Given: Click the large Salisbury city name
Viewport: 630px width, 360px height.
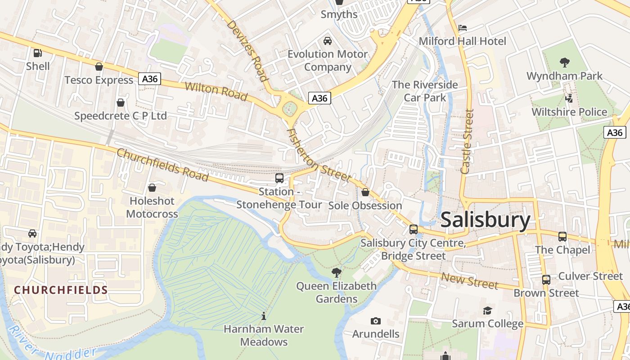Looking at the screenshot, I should pyautogui.click(x=486, y=220).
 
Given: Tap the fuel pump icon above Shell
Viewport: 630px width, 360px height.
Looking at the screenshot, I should pyautogui.click(x=38, y=53).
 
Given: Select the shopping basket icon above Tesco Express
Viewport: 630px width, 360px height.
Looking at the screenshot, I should pyautogui.click(x=99, y=67).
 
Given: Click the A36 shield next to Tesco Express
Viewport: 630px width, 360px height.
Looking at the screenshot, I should pyautogui.click(x=149, y=79).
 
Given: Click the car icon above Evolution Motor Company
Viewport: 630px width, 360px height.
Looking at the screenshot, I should pyautogui.click(x=328, y=41).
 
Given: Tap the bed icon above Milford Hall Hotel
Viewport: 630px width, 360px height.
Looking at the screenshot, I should pyautogui.click(x=462, y=28).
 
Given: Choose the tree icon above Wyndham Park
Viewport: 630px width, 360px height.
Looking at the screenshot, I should pyautogui.click(x=564, y=62).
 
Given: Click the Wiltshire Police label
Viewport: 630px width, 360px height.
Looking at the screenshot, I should pyautogui.click(x=569, y=112).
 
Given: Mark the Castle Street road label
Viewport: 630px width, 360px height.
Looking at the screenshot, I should pyautogui.click(x=468, y=141).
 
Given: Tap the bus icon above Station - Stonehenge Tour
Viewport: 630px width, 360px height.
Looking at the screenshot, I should pyautogui.click(x=279, y=178).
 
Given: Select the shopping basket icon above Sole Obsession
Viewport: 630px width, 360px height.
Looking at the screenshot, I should pyautogui.click(x=365, y=192).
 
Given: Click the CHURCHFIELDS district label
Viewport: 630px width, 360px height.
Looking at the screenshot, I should pyautogui.click(x=61, y=290).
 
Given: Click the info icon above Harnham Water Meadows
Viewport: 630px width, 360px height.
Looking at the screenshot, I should pyautogui.click(x=264, y=316).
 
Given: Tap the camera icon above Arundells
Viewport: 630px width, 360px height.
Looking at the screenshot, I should pyautogui.click(x=375, y=321).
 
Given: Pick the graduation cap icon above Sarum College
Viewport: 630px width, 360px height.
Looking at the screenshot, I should pyautogui.click(x=487, y=310).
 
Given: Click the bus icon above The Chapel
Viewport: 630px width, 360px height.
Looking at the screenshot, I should pyautogui.click(x=562, y=236).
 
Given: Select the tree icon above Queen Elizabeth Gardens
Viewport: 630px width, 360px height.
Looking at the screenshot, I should pyautogui.click(x=336, y=272).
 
